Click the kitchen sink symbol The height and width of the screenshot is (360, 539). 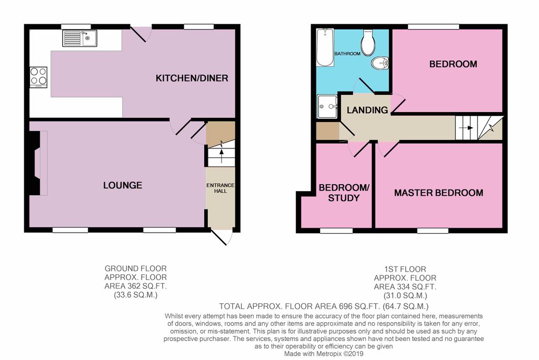point(79,38)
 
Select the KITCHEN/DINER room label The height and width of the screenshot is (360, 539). point(192,78)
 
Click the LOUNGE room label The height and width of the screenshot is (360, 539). point(122,185)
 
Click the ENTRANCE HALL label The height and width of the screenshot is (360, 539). point(220,188)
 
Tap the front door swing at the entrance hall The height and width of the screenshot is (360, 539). point(223,238)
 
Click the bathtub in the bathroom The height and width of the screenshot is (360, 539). point(325,48)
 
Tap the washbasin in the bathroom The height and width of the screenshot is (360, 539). point(380,64)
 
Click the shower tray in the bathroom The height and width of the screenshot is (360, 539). point(328,107)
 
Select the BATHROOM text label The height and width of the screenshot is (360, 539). point(348,54)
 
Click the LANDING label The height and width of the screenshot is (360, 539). point(367,110)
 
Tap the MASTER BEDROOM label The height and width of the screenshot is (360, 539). point(438,193)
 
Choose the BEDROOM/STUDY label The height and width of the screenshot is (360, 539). point(340,193)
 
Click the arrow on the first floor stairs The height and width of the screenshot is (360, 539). point(467,127)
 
